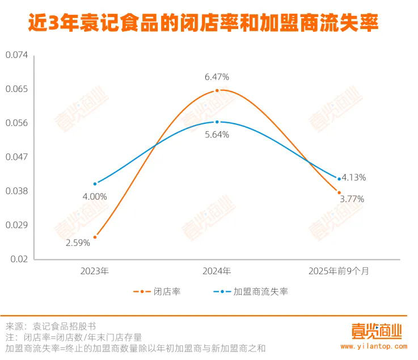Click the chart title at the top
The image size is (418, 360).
203,24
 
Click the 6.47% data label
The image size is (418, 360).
217,77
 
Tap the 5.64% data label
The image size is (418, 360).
217,135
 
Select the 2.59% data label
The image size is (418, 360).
78,243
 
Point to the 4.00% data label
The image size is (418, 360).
95,196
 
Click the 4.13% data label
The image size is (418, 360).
354,177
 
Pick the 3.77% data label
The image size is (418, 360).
352,199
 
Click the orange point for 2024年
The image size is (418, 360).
217,90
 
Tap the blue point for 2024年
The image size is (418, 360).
217,122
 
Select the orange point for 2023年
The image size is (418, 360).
95,237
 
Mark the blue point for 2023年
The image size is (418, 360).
95,183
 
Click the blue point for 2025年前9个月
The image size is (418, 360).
339,179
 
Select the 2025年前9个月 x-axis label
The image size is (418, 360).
339,271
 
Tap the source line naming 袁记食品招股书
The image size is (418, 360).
51,326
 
